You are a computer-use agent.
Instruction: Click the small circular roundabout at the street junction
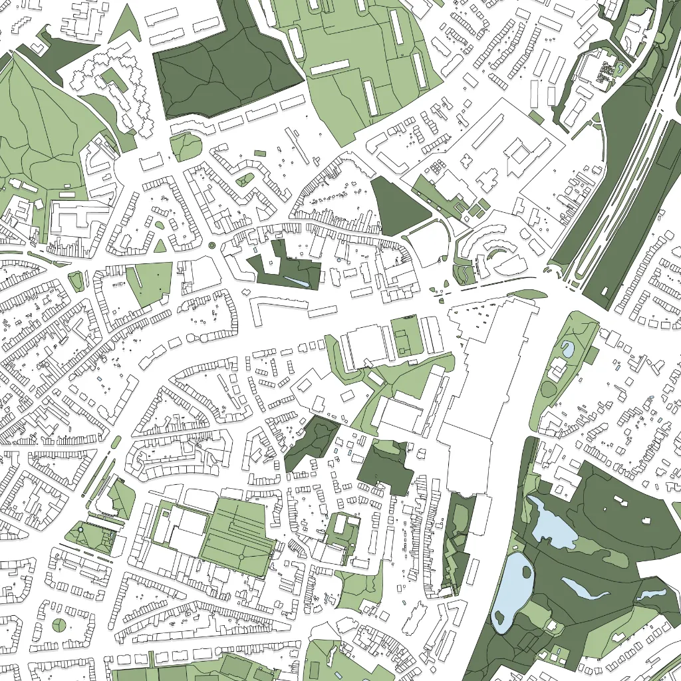point(212,245)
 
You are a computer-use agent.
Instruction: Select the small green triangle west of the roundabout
point(160,246)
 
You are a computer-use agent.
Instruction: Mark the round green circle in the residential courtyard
point(59,624)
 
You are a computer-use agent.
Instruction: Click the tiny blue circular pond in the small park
point(80,529)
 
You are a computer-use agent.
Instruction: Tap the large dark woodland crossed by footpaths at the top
point(226,63)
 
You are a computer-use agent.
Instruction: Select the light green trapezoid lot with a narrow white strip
point(152,282)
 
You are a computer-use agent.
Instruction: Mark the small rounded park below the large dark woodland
point(187,146)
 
